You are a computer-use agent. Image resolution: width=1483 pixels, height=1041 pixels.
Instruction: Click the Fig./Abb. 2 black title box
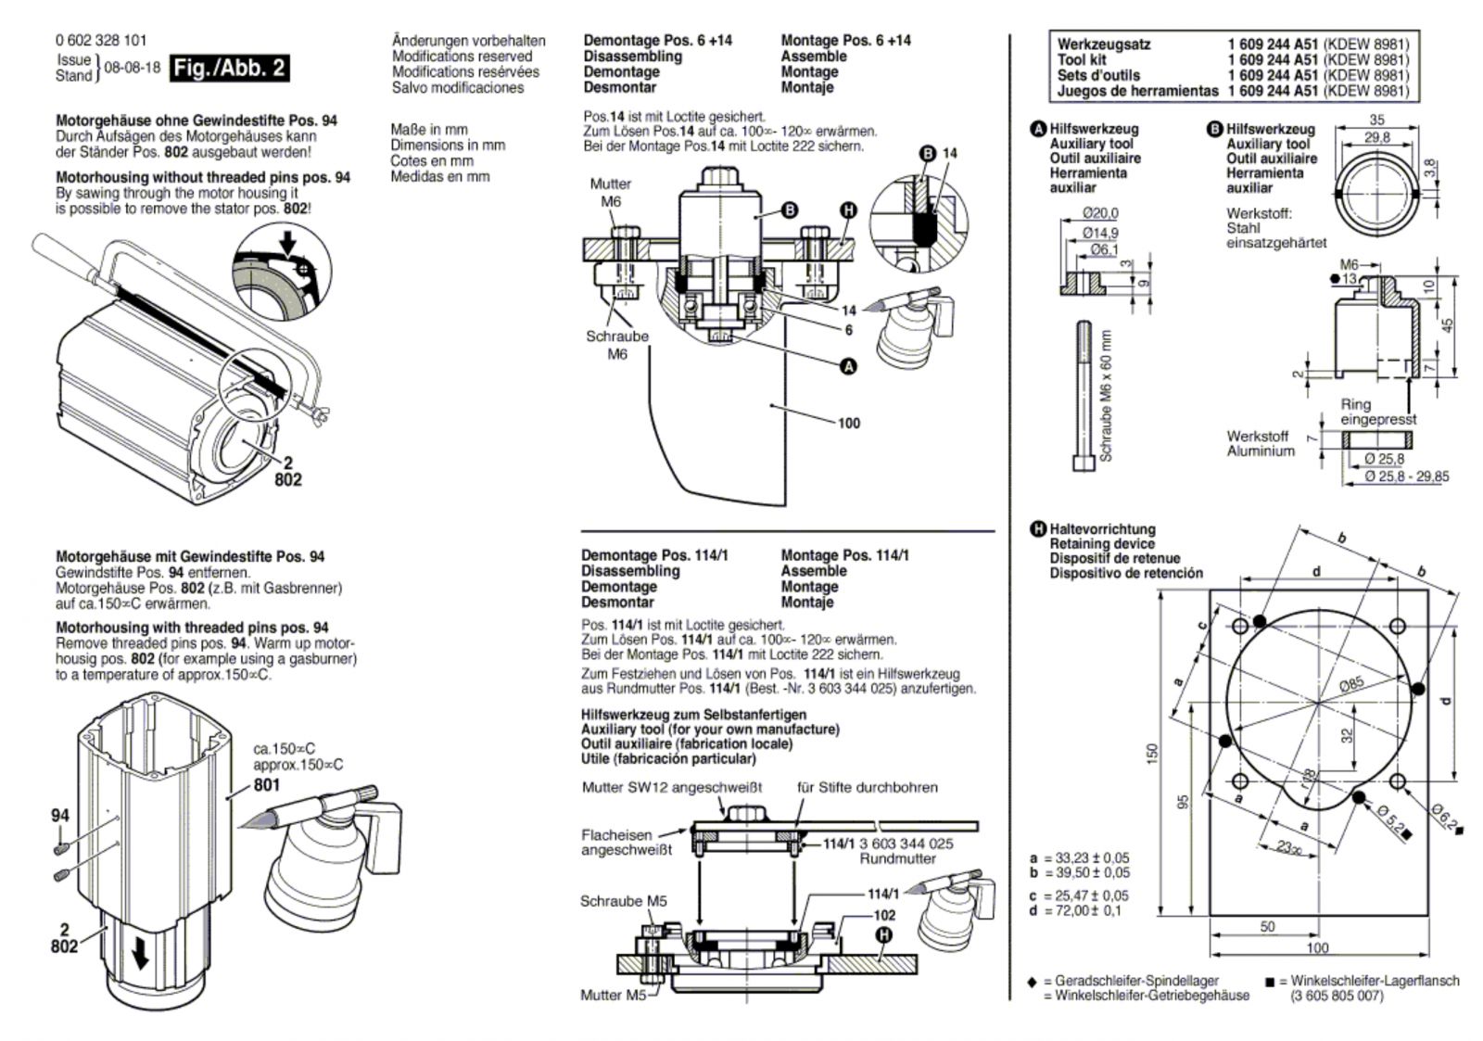229,69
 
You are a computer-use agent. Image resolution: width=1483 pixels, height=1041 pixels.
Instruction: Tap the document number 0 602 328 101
101,41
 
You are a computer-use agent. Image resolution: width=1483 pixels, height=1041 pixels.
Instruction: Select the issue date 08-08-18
133,69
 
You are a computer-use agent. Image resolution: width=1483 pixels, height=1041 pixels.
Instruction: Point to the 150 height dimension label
1153,753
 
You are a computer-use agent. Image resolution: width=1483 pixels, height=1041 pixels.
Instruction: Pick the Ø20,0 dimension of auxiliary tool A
1100,213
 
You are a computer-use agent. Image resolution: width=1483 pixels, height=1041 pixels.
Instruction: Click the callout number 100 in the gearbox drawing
849,423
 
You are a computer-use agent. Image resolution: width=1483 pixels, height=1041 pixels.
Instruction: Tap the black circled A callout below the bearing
848,366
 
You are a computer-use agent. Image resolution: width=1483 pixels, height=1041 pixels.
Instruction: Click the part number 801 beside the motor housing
267,785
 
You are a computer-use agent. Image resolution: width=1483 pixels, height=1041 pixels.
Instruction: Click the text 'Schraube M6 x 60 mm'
1106,395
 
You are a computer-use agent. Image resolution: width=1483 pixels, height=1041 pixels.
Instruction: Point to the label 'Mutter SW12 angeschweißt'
672,787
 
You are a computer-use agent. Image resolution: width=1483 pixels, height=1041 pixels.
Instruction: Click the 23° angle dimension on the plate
1287,847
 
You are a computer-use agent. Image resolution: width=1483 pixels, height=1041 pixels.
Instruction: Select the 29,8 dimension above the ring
1377,138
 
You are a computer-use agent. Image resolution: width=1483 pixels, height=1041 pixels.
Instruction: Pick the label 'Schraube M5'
624,901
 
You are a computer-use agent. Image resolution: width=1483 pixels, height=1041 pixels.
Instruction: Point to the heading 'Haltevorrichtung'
1102,529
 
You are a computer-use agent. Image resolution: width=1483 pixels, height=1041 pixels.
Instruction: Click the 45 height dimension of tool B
1446,325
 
